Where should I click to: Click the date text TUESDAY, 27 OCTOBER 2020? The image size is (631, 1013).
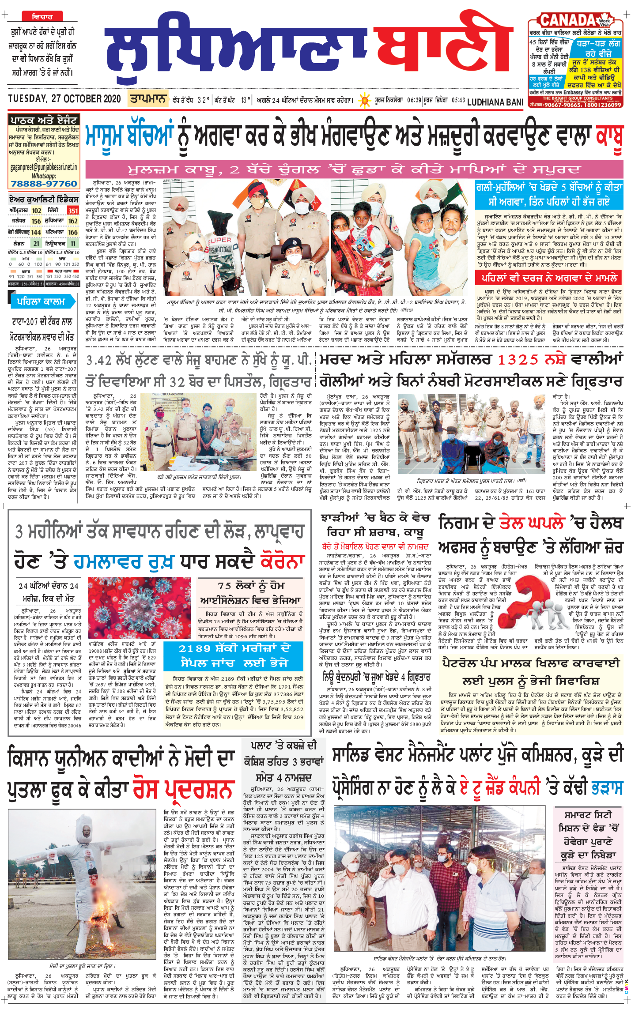pyautogui.click(x=64, y=99)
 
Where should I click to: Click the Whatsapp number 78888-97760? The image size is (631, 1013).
pyautogui.click(x=43, y=184)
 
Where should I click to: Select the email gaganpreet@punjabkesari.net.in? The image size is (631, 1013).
pyautogui.click(x=43, y=167)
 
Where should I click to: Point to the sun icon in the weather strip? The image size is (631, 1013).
pyautogui.click(x=365, y=100)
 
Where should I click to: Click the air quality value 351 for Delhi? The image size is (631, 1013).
pyautogui.click(x=73, y=211)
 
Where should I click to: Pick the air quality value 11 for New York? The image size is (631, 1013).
pyautogui.click(x=73, y=243)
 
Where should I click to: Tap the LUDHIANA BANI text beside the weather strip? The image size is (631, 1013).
pyautogui.click(x=495, y=102)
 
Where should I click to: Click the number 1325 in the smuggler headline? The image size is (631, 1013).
pyautogui.click(x=518, y=360)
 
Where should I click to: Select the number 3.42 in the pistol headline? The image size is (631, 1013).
pyautogui.click(x=99, y=361)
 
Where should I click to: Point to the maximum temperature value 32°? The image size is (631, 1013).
pyautogui.click(x=203, y=100)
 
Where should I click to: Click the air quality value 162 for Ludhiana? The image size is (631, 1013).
pyautogui.click(x=73, y=221)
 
